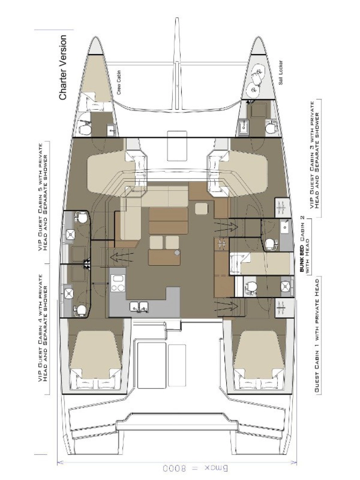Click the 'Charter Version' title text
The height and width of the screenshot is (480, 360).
coord(63,68)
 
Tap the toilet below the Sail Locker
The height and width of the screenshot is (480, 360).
coord(270,128)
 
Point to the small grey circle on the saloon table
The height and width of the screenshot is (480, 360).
coord(177,253)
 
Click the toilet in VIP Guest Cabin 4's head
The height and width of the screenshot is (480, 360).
coord(80,309)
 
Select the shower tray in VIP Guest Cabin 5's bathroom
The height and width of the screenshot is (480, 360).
coord(71,235)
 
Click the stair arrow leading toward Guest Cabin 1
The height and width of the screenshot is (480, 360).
coord(226,305)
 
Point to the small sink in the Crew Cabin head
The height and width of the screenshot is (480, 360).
coord(111,130)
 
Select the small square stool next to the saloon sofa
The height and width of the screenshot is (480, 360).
coord(201,208)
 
